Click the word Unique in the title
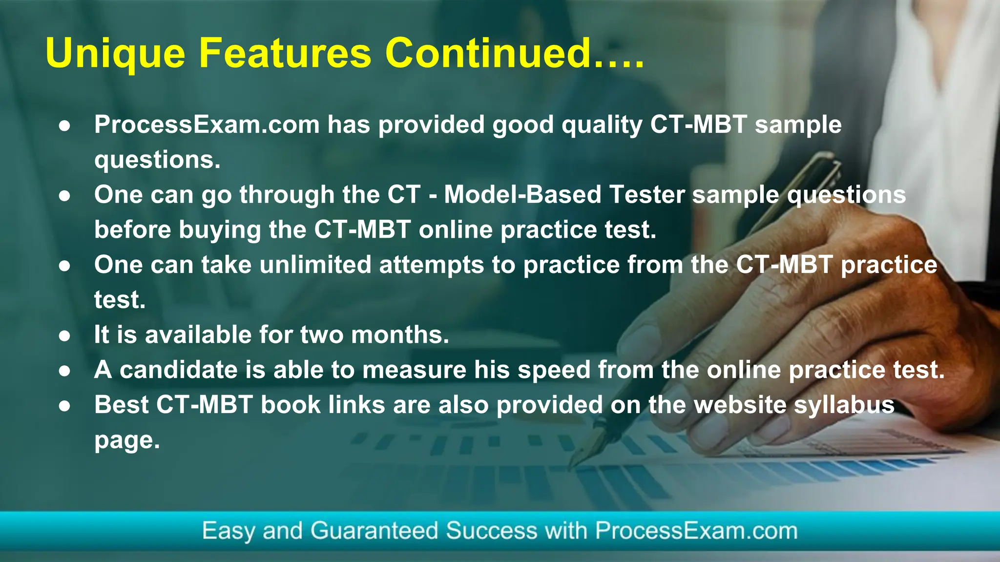(x=115, y=54)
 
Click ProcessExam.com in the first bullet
(x=207, y=125)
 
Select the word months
(x=399, y=335)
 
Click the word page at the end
(x=126, y=441)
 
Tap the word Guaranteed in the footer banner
(x=374, y=531)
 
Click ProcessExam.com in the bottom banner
(x=696, y=531)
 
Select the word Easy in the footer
(x=228, y=531)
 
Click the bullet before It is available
(x=64, y=336)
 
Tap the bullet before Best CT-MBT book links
(x=64, y=406)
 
